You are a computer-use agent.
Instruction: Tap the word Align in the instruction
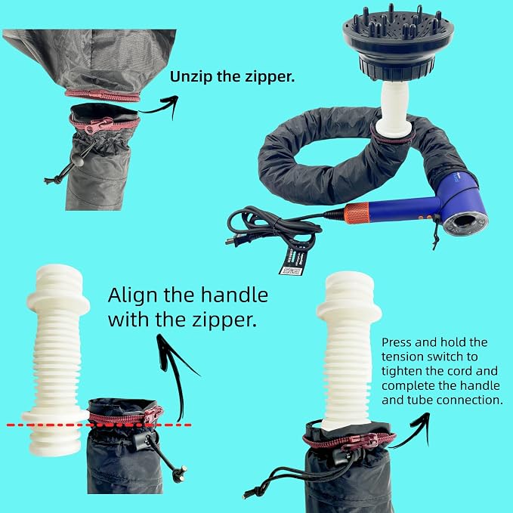point(133,295)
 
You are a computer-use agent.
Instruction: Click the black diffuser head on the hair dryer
point(398,43)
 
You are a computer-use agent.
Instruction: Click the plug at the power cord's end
point(233,240)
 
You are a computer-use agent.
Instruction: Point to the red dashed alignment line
point(99,425)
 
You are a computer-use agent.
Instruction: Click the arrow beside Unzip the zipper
point(159,107)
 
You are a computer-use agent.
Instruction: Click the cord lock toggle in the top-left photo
point(79,161)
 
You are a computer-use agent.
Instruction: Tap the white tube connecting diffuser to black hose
point(394,108)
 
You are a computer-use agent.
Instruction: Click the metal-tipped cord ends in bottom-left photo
point(180,474)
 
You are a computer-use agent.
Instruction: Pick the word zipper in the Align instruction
point(224,320)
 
